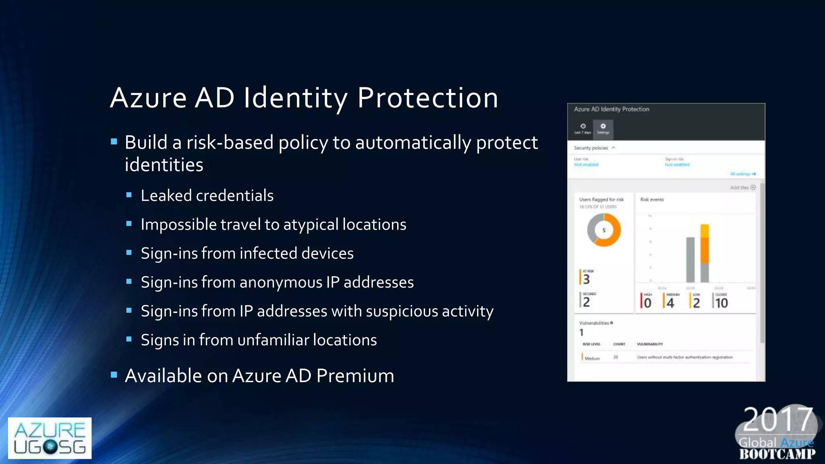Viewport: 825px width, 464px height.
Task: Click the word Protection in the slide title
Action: coord(427,98)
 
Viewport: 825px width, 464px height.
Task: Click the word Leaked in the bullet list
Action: coord(166,196)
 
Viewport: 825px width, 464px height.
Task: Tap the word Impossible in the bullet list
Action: coord(178,225)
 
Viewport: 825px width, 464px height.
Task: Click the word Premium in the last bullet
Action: coord(355,376)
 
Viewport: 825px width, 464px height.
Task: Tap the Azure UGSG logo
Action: coord(50,438)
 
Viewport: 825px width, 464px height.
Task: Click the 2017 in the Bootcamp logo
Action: coord(777,420)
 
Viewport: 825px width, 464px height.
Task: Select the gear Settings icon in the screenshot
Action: coord(603,126)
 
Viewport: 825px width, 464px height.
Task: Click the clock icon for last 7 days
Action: coord(582,126)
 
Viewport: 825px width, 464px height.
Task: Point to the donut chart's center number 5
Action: coord(604,230)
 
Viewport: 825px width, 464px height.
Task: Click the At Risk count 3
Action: coord(587,279)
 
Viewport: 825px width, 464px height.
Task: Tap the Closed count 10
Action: coord(721,303)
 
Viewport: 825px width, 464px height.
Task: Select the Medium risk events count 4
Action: coord(670,303)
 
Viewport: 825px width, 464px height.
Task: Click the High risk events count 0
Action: coord(647,303)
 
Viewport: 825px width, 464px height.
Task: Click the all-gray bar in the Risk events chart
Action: coord(690,260)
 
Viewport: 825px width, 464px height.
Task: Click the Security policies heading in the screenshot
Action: coord(591,148)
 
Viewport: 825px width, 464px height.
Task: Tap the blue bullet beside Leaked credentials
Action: coord(129,195)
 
